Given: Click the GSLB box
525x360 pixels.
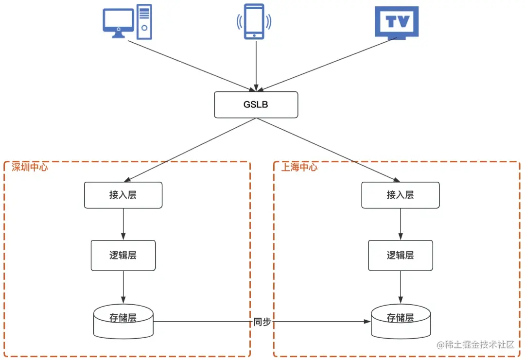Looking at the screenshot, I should click(x=256, y=104).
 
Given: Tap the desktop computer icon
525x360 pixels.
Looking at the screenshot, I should click(x=127, y=22).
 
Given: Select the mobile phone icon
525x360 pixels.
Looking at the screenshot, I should click(x=254, y=21).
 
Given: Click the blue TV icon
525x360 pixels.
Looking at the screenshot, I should click(x=397, y=22).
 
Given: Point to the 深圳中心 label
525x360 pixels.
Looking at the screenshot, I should click(x=30, y=167).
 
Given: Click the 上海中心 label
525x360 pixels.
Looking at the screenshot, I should click(x=299, y=167).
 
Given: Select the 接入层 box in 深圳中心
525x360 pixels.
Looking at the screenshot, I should click(x=123, y=195).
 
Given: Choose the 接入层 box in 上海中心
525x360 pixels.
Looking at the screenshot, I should click(x=400, y=195).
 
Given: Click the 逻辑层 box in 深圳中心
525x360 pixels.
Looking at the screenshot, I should click(x=123, y=255).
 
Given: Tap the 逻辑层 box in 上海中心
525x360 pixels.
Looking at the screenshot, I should click(x=400, y=255).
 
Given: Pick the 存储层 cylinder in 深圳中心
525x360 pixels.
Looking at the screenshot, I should click(x=123, y=321).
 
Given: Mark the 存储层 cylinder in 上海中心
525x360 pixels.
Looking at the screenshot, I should click(x=400, y=321).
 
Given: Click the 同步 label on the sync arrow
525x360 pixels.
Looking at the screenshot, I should click(x=262, y=322).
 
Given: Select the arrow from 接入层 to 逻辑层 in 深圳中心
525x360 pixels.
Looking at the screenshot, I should click(x=123, y=224).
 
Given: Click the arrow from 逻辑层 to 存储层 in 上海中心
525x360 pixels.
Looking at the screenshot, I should click(x=400, y=287).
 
